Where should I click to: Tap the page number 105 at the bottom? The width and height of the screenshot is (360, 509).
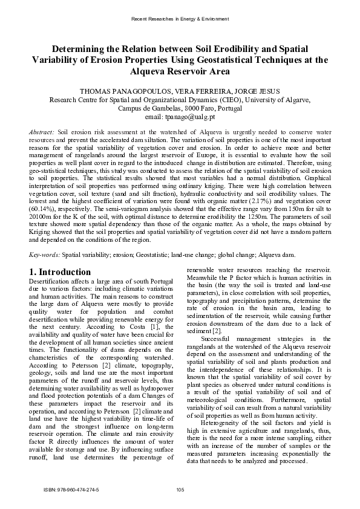tap(180, 488)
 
